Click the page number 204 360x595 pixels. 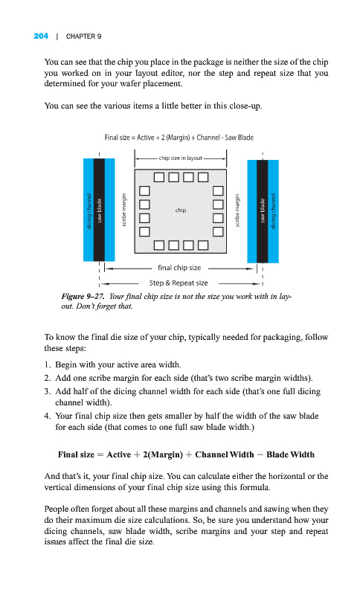click(41, 36)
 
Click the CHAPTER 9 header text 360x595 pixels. click(83, 36)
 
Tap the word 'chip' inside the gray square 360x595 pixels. click(181, 210)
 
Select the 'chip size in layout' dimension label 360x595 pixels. click(181, 158)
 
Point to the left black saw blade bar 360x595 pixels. click(99, 210)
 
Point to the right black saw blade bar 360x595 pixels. click(262, 211)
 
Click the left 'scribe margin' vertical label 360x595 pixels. click(123, 210)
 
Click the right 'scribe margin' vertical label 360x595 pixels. click(237, 210)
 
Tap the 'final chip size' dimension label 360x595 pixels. click(179, 268)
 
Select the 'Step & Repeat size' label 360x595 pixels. click(179, 283)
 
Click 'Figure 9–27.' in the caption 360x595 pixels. click(83, 296)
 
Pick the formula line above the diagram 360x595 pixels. click(179, 138)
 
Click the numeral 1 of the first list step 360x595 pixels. click(46, 364)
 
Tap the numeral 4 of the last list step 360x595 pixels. click(47, 416)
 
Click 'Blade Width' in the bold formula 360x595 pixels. click(290, 454)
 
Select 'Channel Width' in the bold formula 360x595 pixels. click(225, 454)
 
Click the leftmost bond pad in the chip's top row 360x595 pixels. click(159, 177)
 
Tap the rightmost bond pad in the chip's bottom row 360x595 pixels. click(203, 245)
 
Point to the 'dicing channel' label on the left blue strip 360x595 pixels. click(89, 211)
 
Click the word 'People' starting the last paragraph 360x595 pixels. click(56, 509)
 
